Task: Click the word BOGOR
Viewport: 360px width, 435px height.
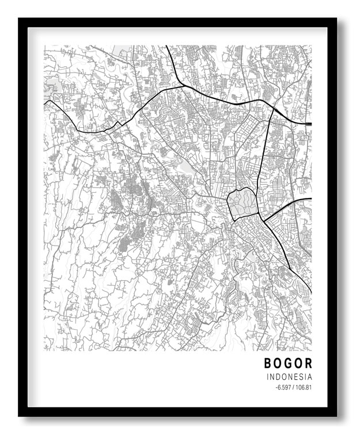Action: [288, 364]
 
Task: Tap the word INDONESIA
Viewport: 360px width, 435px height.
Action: [289, 377]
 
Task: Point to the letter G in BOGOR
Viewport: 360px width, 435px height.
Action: [289, 364]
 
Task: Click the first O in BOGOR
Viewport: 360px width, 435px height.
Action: [278, 364]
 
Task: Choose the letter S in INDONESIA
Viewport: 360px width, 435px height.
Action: [301, 377]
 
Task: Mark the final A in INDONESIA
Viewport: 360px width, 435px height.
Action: [309, 377]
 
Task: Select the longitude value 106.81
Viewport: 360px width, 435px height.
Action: [304, 387]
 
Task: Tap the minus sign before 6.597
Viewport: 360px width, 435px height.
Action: [276, 387]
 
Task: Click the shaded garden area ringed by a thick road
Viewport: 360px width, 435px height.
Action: [241, 203]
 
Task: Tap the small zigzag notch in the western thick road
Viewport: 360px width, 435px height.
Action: [118, 123]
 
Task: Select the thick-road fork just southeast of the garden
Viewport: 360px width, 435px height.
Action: [264, 218]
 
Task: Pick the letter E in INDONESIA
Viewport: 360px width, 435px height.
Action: [295, 377]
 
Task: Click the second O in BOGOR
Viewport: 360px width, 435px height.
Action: [298, 364]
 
